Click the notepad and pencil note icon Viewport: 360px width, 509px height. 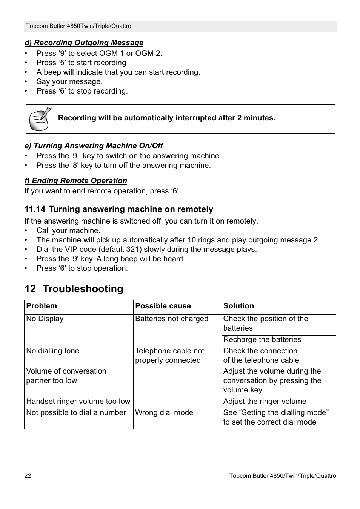click(x=40, y=119)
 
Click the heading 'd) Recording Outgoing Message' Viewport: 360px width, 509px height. click(x=84, y=43)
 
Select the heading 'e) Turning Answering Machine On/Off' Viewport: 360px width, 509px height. click(x=94, y=146)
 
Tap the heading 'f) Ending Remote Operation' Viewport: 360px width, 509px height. click(x=75, y=181)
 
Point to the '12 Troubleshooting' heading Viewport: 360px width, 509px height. click(x=74, y=289)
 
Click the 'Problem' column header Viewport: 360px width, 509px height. click(x=42, y=306)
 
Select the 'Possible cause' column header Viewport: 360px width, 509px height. click(x=163, y=306)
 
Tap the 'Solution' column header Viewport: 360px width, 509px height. click(x=238, y=306)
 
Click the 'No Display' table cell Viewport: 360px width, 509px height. click(x=45, y=319)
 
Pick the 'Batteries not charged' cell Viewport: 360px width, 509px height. click(x=172, y=319)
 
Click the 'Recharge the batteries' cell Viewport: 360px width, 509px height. click(x=262, y=340)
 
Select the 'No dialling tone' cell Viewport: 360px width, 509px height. click(x=52, y=351)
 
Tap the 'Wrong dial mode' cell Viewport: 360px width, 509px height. click(x=164, y=413)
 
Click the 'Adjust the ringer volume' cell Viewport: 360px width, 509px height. click(x=265, y=402)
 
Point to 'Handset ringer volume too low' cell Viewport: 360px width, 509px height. click(x=78, y=402)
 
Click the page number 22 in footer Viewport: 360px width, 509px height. click(x=28, y=476)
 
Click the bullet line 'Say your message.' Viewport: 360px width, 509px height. click(x=69, y=82)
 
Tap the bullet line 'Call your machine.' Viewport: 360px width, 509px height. click(x=68, y=231)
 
